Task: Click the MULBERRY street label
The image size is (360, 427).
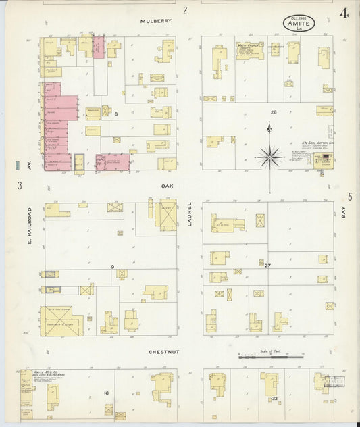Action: point(156,21)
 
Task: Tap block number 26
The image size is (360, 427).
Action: point(274,112)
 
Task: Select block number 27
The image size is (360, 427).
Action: point(268,266)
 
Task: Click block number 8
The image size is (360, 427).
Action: point(116,114)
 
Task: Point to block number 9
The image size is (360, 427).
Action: point(113,267)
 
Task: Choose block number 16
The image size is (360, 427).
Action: point(106,393)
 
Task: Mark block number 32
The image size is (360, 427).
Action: point(274,399)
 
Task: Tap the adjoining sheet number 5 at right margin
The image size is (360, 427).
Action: point(350,197)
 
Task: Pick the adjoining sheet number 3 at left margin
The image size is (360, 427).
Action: point(20,184)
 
